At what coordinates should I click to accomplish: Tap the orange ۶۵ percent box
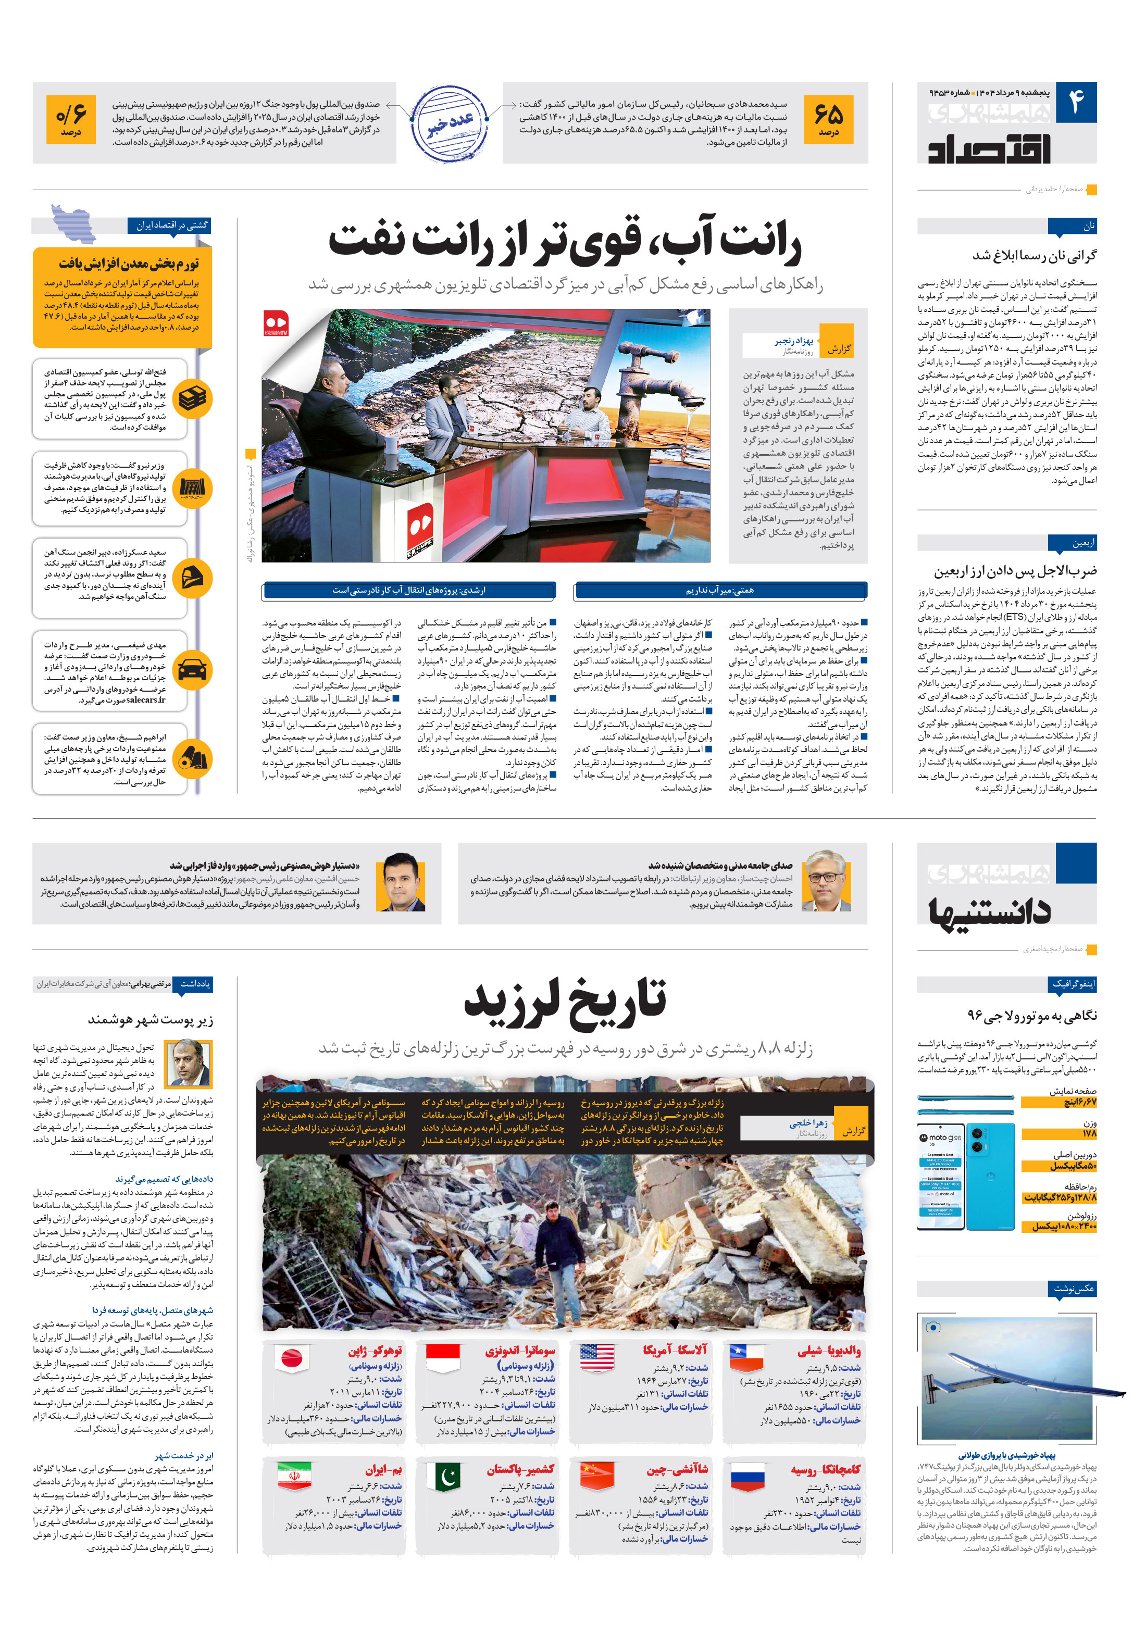pos(828,119)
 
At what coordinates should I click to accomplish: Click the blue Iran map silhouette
pos(73,223)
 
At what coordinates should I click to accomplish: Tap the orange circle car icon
pos(193,670)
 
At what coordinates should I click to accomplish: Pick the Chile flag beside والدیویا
pos(746,1358)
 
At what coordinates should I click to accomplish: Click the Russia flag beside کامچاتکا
pos(746,1477)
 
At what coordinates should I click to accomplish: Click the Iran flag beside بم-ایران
pos(294,1477)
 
